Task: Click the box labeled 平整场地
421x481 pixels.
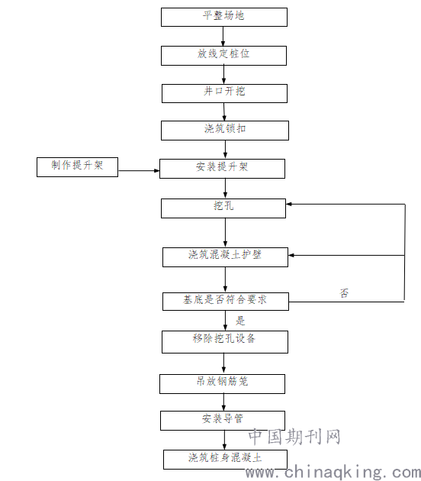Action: (x=224, y=17)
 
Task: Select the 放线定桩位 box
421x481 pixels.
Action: (x=223, y=56)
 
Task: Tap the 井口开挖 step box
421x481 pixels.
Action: (x=224, y=93)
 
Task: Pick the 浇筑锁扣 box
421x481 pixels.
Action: (x=225, y=131)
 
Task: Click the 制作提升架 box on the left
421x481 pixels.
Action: (x=77, y=167)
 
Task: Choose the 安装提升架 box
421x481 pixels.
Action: (x=222, y=169)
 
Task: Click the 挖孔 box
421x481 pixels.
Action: (x=223, y=208)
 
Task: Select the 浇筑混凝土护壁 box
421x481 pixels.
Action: (x=225, y=257)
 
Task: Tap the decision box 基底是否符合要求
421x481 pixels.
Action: (x=226, y=302)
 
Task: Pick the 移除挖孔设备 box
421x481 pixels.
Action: (x=225, y=342)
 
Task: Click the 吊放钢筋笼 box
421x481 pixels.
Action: (x=222, y=384)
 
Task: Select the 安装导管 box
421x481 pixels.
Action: (x=223, y=421)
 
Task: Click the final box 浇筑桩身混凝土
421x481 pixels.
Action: (x=225, y=460)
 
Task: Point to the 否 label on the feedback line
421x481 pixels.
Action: (x=344, y=293)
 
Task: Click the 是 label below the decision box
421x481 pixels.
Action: (x=240, y=321)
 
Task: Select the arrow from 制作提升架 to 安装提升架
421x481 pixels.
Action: (x=139, y=170)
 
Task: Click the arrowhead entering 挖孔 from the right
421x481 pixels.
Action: (x=289, y=204)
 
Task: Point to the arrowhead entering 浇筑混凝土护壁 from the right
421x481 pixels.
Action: (x=291, y=255)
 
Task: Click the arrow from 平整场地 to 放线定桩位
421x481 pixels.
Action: (x=223, y=36)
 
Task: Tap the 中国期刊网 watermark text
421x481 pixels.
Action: (x=294, y=437)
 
